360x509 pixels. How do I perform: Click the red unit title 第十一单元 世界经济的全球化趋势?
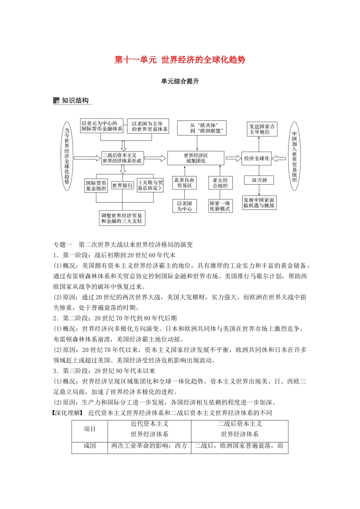[180, 60]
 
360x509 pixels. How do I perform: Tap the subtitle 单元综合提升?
[180, 81]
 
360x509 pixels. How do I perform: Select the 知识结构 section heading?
[75, 100]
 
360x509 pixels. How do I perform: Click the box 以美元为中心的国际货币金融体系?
[102, 126]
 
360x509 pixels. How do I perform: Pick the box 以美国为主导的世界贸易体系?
[147, 126]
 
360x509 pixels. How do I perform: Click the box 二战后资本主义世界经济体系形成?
[122, 158]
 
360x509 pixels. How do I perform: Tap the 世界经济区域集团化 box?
[196, 158]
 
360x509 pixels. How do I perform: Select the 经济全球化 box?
[257, 158]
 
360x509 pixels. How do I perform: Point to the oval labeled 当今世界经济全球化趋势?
[67, 156]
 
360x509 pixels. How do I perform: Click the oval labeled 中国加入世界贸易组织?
[294, 156]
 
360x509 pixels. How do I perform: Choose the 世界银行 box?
[122, 186]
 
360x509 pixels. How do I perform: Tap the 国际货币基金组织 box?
[96, 186]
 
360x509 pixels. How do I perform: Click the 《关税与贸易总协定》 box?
[150, 185]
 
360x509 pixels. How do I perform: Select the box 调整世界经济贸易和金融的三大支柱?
[122, 218]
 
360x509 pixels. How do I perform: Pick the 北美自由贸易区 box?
[184, 183]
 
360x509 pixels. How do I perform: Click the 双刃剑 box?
[259, 180]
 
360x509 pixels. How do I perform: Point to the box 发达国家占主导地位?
[262, 129]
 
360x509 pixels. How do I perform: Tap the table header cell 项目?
[90, 429]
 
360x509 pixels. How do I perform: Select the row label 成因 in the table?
[90, 446]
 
